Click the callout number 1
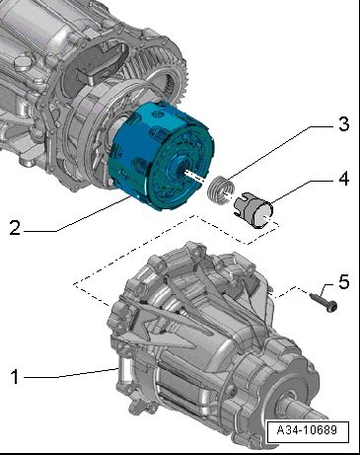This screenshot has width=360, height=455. coord(15,377)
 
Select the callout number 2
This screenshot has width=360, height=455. coord(15,228)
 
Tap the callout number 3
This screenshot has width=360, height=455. coord(343,124)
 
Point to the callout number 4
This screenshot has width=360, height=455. coord(343,179)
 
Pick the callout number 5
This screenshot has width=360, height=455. coord(343,282)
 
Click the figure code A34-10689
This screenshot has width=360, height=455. coord(307,430)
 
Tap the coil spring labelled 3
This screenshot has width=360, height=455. coord(221,190)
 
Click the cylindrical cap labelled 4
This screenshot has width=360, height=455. coord(253,210)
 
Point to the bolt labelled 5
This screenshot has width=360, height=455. coord(324,302)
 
